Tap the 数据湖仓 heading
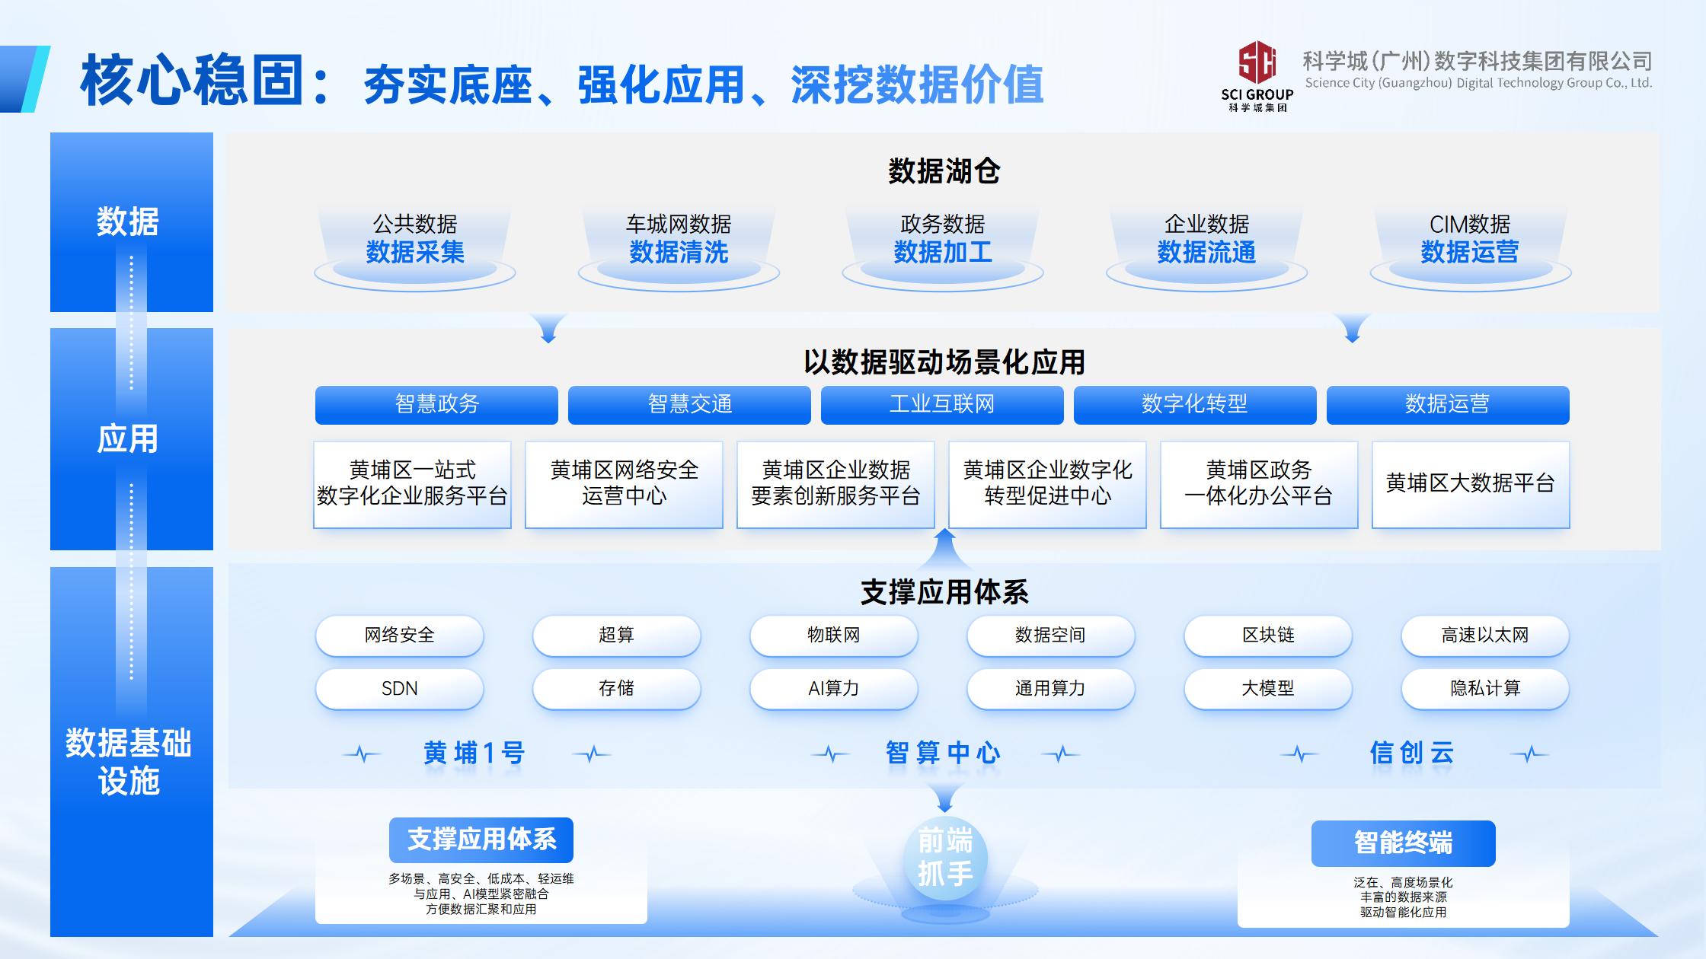944,171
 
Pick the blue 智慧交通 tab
689,404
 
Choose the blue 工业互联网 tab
942,404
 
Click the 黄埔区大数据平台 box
1471,484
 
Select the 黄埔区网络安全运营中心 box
624,484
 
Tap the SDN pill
400,689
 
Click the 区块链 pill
1268,636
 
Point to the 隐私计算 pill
1485,689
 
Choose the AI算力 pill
834,689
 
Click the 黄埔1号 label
474,753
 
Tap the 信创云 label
1412,753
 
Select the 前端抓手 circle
945,859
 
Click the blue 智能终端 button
1403,843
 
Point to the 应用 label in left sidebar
128,439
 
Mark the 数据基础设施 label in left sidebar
129,762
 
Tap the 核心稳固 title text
193,80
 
